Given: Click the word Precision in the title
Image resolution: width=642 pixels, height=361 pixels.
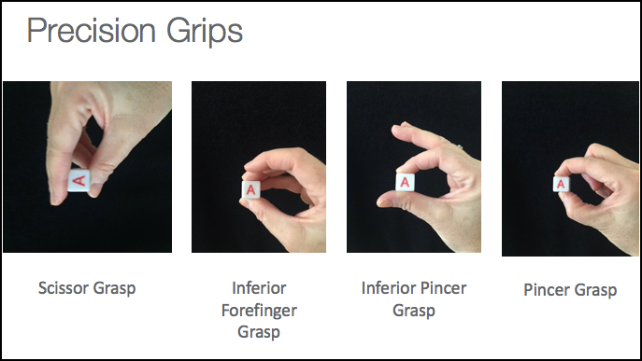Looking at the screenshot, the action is [x=92, y=30].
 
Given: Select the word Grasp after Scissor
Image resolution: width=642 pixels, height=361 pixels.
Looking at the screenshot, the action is [x=114, y=288].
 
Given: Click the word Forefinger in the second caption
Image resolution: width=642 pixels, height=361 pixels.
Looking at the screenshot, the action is [x=259, y=311].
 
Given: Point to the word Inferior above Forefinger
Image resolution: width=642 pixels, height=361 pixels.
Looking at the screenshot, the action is [x=259, y=288].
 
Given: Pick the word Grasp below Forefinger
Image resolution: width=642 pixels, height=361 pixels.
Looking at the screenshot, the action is [x=259, y=331].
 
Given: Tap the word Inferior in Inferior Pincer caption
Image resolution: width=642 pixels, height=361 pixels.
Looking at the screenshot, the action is [x=389, y=288].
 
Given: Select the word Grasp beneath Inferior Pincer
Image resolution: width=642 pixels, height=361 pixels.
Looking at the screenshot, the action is [x=414, y=311].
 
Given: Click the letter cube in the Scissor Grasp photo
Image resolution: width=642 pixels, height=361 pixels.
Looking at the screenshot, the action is [x=78, y=180].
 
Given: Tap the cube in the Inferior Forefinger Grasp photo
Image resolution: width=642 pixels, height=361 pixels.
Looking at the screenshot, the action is [x=251, y=189].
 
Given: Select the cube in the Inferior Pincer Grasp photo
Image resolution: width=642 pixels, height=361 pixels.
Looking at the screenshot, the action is [x=405, y=182].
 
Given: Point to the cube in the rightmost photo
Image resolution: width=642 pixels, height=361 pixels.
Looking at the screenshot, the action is [x=561, y=185].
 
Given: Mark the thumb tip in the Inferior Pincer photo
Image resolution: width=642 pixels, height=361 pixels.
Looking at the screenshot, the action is [x=384, y=201].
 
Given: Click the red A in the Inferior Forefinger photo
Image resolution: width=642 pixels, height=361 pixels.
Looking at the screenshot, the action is [x=251, y=189].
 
